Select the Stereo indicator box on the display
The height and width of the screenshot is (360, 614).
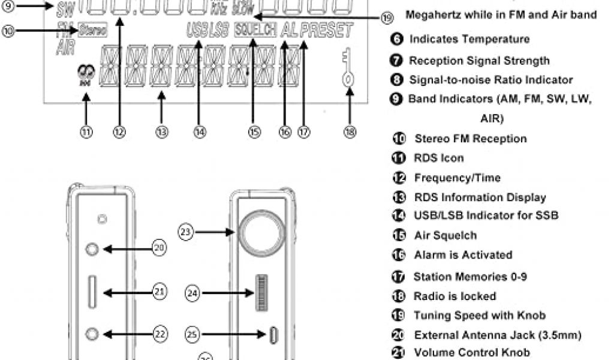pos(92,29)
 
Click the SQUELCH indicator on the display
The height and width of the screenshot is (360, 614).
pos(255,29)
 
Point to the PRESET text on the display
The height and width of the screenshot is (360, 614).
pos(327,30)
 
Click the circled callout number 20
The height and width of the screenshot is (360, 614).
pos(159,247)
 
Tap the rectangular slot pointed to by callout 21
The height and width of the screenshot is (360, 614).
pos(94,292)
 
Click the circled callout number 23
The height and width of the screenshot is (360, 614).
pos(186,230)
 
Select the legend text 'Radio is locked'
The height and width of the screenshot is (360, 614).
pos(455,296)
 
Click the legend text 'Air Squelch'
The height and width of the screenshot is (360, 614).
pos(445,236)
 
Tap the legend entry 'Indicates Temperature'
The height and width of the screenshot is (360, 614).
pos(469,40)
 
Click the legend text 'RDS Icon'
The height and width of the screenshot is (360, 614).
pos(438,158)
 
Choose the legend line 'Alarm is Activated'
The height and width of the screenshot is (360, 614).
pos(463,255)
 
